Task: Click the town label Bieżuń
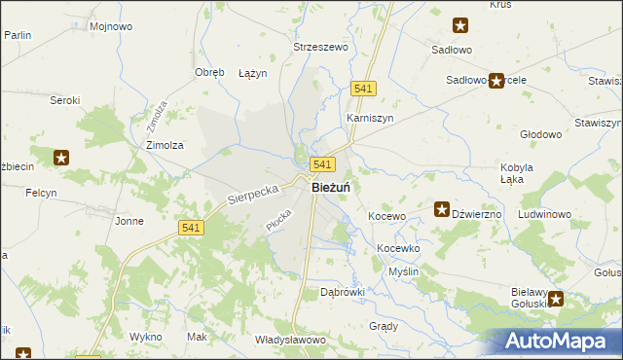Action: [331, 187]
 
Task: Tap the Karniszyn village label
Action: [370, 118]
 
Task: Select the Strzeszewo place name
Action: [321, 46]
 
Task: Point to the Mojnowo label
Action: [110, 26]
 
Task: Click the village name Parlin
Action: [18, 34]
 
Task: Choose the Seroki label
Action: [64, 99]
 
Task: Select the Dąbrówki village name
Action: [341, 291]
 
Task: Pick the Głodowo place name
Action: [541, 134]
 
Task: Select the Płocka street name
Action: [278, 219]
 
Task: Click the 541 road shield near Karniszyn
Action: [364, 89]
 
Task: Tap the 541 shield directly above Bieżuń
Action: [324, 165]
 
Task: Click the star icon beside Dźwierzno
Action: [441, 209]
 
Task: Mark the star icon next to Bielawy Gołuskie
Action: [557, 299]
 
